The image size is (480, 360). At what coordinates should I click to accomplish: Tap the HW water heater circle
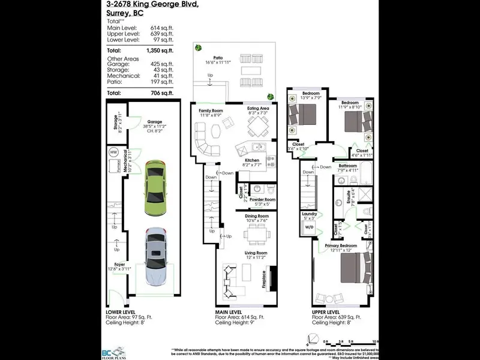click(x=113, y=153)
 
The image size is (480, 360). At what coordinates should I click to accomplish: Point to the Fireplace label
click(x=265, y=279)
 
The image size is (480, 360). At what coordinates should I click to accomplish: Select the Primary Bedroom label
click(x=341, y=246)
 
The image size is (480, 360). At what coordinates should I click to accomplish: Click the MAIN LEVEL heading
click(x=229, y=313)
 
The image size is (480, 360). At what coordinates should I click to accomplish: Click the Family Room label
click(x=211, y=111)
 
